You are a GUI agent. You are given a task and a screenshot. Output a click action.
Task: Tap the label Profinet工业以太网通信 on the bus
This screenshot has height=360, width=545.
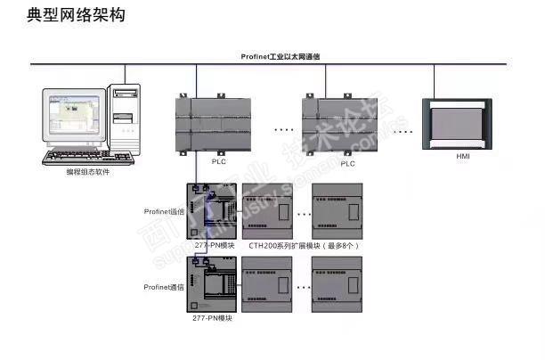click(x=281, y=56)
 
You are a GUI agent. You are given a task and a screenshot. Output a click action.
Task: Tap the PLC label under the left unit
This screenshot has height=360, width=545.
click(x=219, y=163)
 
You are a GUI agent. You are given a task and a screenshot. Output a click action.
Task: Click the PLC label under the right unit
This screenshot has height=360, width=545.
click(x=346, y=163)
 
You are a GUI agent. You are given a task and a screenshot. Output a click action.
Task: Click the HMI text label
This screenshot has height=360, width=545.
click(x=463, y=157)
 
